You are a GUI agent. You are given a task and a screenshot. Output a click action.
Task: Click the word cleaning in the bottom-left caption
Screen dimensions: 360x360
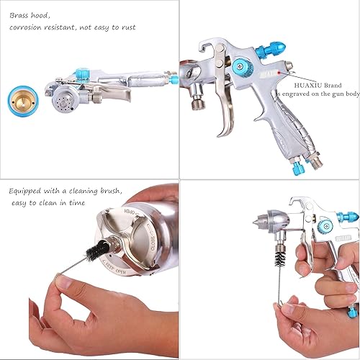coord(87,192)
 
